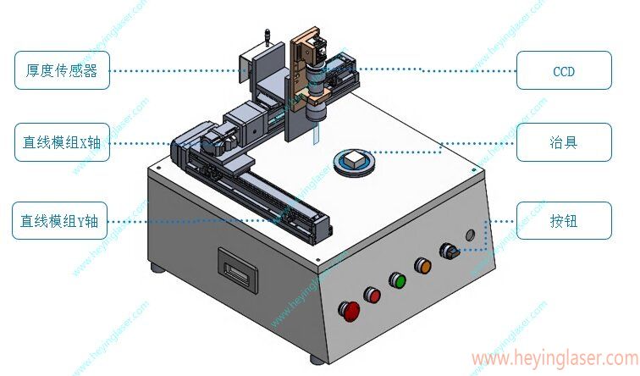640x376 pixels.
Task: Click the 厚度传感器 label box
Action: click(62, 70)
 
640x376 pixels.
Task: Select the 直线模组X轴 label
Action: click(62, 142)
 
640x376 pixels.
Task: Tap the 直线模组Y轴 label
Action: click(59, 220)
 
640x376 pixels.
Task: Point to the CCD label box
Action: click(564, 70)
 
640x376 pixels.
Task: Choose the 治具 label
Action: click(564, 142)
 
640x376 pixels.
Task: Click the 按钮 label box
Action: click(564, 220)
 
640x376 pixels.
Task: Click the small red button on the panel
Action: click(372, 295)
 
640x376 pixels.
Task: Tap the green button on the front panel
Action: click(397, 280)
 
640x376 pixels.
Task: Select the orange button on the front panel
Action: click(423, 266)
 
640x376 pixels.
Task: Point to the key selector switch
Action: click(449, 251)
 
